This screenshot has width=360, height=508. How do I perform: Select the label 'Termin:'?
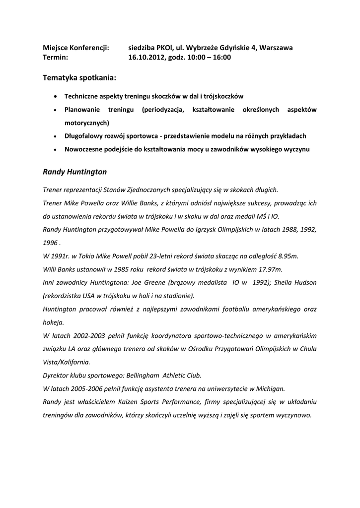56,58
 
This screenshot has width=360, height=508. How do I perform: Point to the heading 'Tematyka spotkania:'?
80,78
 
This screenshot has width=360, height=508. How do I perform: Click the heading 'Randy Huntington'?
74,172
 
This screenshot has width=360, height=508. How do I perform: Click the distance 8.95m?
286,256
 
